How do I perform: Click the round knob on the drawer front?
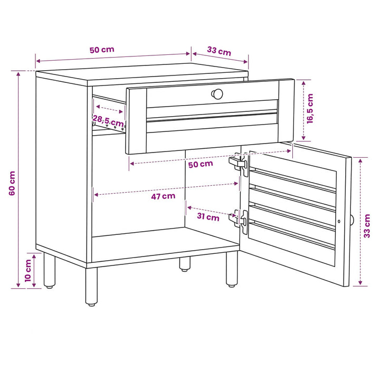(x=217, y=94)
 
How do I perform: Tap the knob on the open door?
(x=352, y=220)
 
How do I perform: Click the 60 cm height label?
(x=12, y=183)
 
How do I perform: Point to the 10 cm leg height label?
(x=28, y=271)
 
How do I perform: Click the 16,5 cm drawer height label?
(x=310, y=109)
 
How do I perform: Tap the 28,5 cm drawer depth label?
(x=108, y=121)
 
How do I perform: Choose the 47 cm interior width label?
(x=163, y=196)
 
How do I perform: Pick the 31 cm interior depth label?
(x=208, y=216)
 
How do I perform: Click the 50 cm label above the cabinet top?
(x=102, y=50)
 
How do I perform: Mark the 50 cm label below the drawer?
(x=201, y=164)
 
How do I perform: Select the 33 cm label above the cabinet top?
(x=219, y=51)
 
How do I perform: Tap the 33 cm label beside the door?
(x=367, y=226)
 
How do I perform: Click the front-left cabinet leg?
(x=91, y=286)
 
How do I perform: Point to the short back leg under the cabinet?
(x=185, y=264)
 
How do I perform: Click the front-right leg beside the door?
(x=232, y=269)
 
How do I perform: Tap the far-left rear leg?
(x=50, y=270)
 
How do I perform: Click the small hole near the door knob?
(x=339, y=221)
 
